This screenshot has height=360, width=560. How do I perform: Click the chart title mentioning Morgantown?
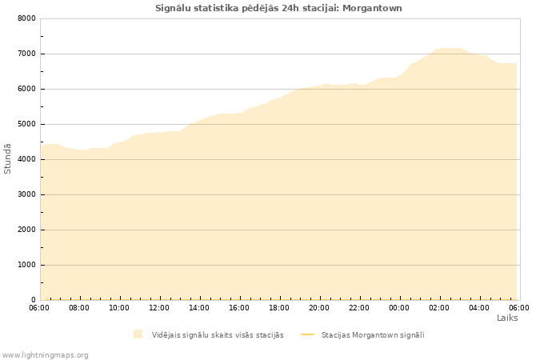278,8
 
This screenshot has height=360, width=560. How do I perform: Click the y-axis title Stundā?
8,158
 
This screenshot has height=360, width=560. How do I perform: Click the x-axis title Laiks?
507,318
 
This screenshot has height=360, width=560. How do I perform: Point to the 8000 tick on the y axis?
26,18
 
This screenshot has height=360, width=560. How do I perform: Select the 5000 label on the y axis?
26,124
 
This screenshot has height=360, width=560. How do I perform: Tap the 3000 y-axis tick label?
26,194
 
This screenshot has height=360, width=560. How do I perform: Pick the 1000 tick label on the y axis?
26,265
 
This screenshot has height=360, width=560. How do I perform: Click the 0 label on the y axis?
34,300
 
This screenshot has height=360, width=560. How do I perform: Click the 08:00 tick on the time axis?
79,307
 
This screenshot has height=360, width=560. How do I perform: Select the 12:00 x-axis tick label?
159,307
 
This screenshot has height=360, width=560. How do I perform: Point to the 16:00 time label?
239,307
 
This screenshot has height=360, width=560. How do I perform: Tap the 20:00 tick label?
319,307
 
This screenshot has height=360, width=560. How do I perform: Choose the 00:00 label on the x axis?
399,307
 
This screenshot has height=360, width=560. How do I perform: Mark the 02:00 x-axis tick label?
439,307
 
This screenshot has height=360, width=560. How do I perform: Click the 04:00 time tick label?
479,307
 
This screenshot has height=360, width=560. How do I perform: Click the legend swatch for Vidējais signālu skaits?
138,334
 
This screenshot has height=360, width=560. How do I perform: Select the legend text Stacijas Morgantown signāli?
373,334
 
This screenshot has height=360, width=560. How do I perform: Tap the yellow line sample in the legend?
307,334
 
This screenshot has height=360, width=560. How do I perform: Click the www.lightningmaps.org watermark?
45,354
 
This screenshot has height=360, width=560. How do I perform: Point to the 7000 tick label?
26,54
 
